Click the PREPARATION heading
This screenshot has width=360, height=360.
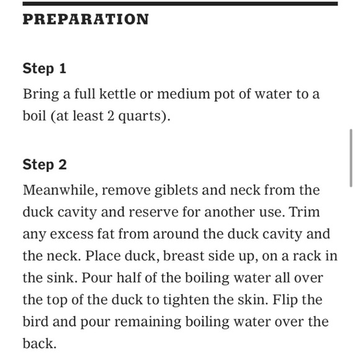(x=86, y=19)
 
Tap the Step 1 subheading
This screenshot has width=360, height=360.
(x=45, y=68)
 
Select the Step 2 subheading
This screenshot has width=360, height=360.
(x=45, y=164)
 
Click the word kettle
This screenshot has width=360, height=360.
(x=117, y=94)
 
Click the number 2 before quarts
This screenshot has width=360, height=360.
(x=110, y=115)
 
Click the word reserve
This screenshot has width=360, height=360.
(x=153, y=212)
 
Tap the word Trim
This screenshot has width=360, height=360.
(x=305, y=212)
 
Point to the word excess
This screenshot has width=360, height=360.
(x=71, y=234)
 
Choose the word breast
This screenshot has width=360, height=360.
(x=184, y=256)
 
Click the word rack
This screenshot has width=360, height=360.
(x=307, y=256)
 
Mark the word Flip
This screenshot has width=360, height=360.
(x=284, y=300)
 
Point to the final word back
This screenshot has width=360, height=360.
(x=40, y=343)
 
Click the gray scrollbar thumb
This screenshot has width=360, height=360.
(x=351, y=158)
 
